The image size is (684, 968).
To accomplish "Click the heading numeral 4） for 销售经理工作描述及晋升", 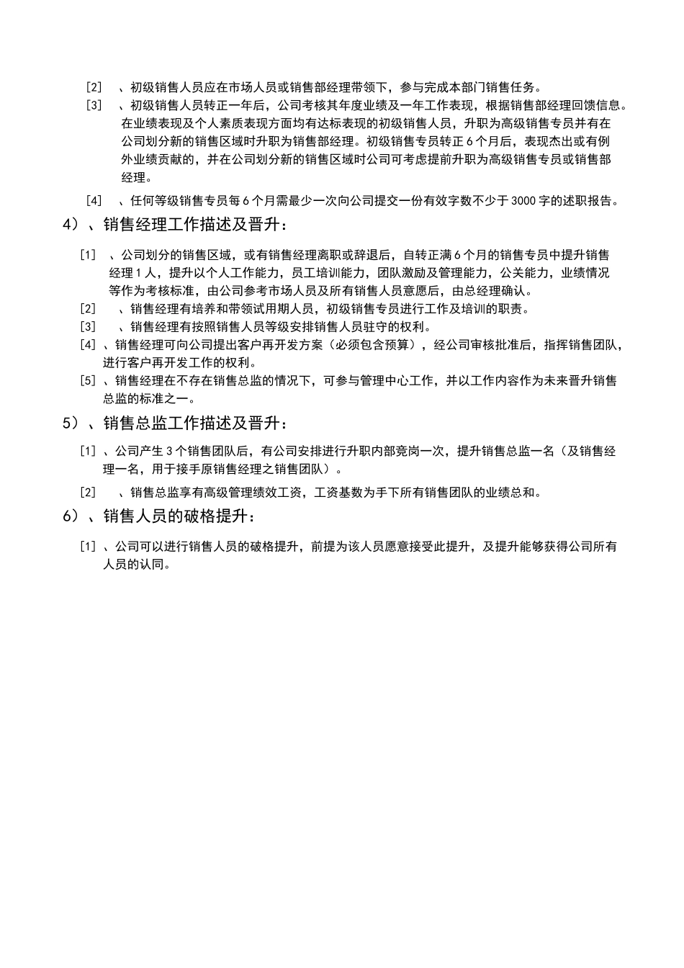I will click(x=71, y=225).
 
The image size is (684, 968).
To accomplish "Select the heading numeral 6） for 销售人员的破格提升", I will click(x=71, y=516).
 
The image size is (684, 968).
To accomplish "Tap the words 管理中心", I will click(x=400, y=381).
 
